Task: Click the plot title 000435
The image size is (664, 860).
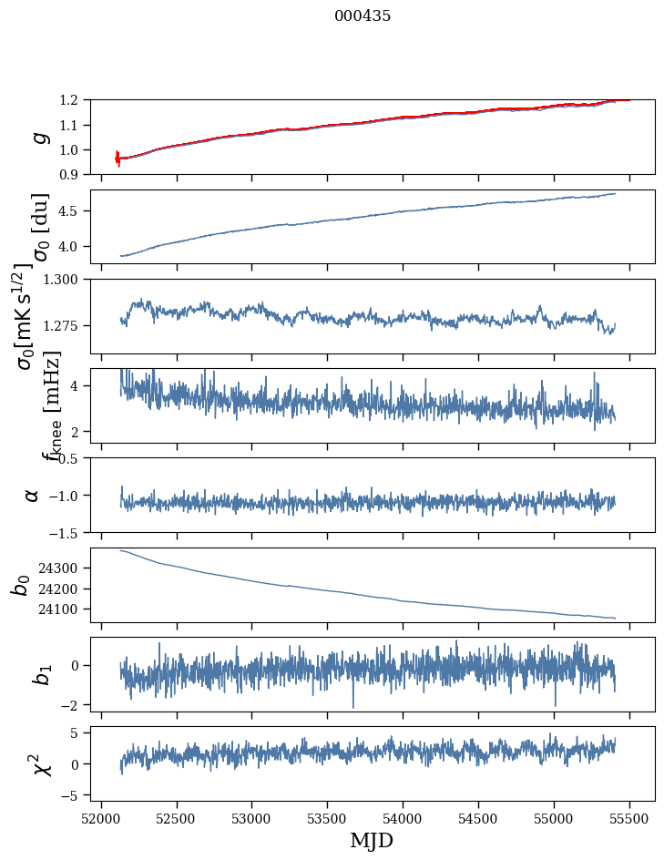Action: click(x=363, y=15)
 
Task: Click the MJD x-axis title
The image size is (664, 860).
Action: click(x=372, y=840)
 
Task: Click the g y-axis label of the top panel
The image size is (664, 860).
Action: click(x=38, y=137)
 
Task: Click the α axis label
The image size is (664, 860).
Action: click(x=32, y=495)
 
